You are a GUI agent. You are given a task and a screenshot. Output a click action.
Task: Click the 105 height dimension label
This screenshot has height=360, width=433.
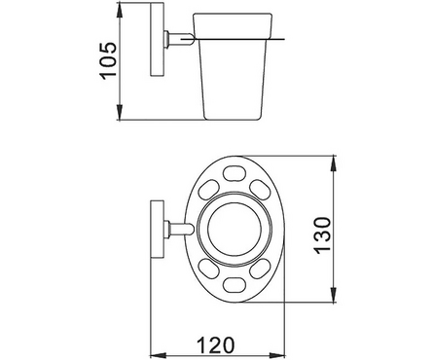coord(107,61)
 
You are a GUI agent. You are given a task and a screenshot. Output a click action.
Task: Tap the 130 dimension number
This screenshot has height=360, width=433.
coord(322,235)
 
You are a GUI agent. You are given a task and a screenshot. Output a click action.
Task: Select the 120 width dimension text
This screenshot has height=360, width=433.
coord(215,345)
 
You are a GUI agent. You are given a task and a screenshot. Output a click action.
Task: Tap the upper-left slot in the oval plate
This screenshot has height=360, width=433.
coord(208,190)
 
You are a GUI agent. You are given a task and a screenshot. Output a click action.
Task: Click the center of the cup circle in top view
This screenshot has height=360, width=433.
coord(235,229)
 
